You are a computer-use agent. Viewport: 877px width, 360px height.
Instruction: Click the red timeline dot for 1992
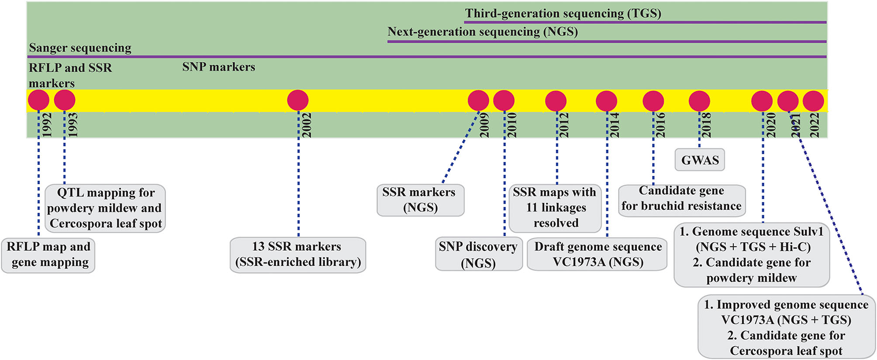click(x=39, y=100)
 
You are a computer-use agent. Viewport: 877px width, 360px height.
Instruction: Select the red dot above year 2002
click(x=297, y=100)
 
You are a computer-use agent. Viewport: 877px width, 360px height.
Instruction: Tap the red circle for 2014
click(x=606, y=101)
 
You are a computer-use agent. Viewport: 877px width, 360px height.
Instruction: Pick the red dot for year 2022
click(x=813, y=101)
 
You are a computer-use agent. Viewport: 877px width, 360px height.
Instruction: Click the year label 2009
click(x=485, y=125)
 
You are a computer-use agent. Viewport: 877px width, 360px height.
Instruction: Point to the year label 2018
click(x=706, y=125)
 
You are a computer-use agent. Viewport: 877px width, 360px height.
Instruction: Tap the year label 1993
click(x=72, y=125)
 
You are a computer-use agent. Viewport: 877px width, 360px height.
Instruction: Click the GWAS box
click(x=700, y=160)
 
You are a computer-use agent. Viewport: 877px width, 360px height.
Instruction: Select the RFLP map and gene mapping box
click(x=48, y=255)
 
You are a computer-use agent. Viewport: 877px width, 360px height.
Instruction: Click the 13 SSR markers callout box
click(x=297, y=255)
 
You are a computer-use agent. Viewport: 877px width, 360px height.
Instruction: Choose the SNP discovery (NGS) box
click(x=478, y=255)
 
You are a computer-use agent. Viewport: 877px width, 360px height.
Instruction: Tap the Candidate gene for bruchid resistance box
click(x=682, y=199)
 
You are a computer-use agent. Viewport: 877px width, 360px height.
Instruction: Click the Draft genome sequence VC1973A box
click(x=597, y=255)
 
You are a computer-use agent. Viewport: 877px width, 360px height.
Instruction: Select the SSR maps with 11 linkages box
click(x=555, y=208)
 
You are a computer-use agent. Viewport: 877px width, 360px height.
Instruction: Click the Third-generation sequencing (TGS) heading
click(x=563, y=13)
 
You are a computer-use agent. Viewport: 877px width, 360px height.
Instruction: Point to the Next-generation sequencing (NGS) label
click(x=483, y=32)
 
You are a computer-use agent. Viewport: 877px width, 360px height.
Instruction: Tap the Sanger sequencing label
click(x=80, y=48)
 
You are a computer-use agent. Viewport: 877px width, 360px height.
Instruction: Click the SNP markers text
click(x=219, y=67)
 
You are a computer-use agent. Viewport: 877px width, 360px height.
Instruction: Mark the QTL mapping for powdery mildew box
click(x=105, y=208)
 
